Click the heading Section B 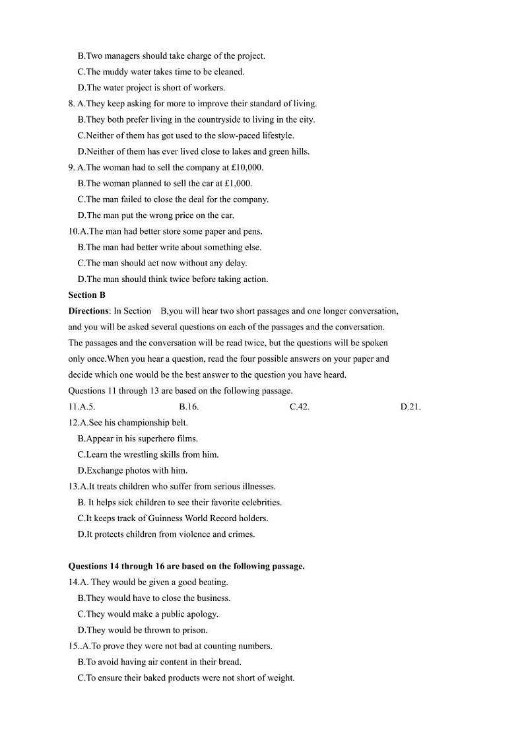click(x=86, y=295)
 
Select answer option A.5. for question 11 click(x=86, y=407)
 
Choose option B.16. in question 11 click(x=189, y=407)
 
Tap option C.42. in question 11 click(x=300, y=407)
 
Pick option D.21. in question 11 click(x=410, y=407)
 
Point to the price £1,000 click(x=238, y=184)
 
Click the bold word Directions click(x=88, y=311)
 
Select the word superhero click(x=162, y=439)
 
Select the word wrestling click(x=142, y=454)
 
